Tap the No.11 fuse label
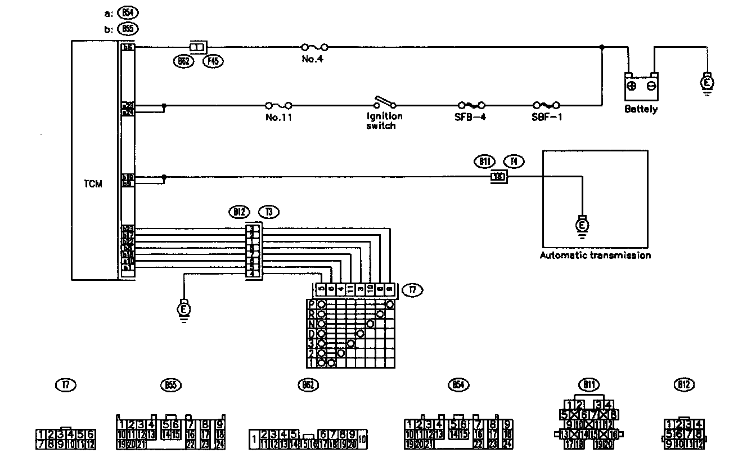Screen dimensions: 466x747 [278, 118]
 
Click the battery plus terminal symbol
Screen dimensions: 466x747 [631, 86]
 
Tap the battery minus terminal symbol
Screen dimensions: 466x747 [651, 86]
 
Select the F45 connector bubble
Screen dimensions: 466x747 [213, 62]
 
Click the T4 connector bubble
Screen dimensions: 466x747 [514, 162]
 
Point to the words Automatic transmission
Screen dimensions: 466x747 [595, 255]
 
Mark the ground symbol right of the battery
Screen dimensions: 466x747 [708, 83]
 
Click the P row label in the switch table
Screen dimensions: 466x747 [311, 304]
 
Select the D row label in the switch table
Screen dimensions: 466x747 [311, 333]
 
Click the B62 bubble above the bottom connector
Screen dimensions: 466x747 [307, 385]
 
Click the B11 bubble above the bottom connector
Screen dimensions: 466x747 [589, 385]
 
